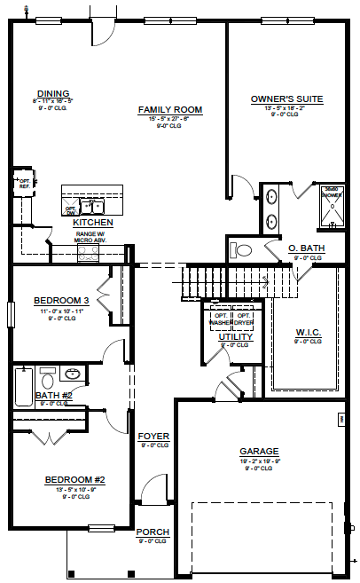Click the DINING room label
pyautogui.click(x=53, y=93)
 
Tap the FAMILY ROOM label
pyautogui.click(x=170, y=110)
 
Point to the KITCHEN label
pyautogui.click(x=92, y=222)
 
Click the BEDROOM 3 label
pyautogui.click(x=60, y=300)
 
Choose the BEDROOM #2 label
pyautogui.click(x=75, y=480)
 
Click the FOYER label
pyautogui.click(x=153, y=437)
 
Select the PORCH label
pyautogui.click(x=153, y=532)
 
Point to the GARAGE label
pyautogui.click(x=259, y=451)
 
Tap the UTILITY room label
pyautogui.click(x=236, y=337)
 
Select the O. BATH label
pyautogui.click(x=307, y=248)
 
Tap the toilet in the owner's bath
pyautogui.click(x=241, y=249)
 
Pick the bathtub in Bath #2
pyautogui.click(x=22, y=388)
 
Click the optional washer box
pyautogui.click(x=221, y=319)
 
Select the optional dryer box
pyautogui.click(x=244, y=319)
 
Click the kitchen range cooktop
pyautogui.click(x=89, y=253)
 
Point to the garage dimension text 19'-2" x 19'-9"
pyautogui.click(x=258, y=461)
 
